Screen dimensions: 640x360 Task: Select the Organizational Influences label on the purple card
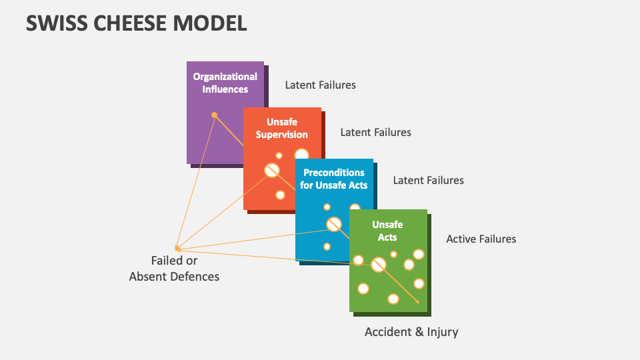[x=225, y=83]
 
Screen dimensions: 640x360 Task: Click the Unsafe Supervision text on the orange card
[x=281, y=128]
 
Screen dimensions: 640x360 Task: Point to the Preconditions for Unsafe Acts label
[x=334, y=179]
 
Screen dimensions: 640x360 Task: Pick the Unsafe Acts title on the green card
[x=387, y=231]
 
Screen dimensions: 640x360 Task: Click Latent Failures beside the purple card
[x=321, y=85]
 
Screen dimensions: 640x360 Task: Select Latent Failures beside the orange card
[x=375, y=132]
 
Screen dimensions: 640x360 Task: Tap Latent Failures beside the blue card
[x=428, y=181]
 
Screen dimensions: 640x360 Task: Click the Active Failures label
[x=481, y=239]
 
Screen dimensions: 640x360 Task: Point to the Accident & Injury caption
[x=411, y=332]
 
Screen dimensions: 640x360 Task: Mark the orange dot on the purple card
[x=214, y=115]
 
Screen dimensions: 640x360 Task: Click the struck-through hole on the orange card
[x=272, y=170]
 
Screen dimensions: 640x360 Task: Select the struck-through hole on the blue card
[x=334, y=224]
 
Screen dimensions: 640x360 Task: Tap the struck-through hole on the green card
[x=379, y=265]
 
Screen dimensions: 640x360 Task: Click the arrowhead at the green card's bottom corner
[x=417, y=301]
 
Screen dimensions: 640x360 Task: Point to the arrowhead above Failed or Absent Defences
[x=177, y=248]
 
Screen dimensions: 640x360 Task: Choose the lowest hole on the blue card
[x=327, y=247]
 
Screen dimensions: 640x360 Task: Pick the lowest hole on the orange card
[x=280, y=195]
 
